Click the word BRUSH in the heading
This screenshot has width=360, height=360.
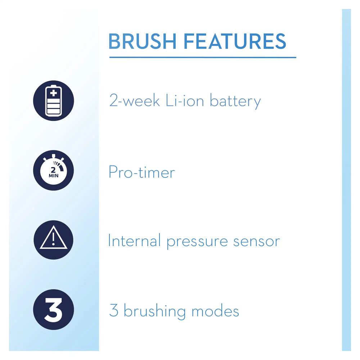coord(142,41)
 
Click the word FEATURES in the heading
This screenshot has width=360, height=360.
coord(235,41)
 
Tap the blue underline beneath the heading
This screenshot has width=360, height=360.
coord(203,57)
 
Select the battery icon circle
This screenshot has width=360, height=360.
coord(54,100)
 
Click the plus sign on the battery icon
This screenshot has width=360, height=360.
coord(54,93)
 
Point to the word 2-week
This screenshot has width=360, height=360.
coord(135,100)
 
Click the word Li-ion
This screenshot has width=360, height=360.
coord(185,100)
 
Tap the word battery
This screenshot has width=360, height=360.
coord(235,102)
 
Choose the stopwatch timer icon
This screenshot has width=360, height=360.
coord(54,170)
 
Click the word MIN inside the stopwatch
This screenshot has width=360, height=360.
coord(54,176)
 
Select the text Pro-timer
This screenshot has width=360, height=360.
coord(141,172)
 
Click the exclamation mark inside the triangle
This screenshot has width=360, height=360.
coord(53,239)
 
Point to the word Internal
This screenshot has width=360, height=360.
coord(134,240)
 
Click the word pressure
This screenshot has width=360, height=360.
coord(197,242)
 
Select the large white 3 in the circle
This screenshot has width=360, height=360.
coord(53,310)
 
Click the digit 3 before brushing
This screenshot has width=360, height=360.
coord(114,310)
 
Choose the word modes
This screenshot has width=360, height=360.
coord(215,310)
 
